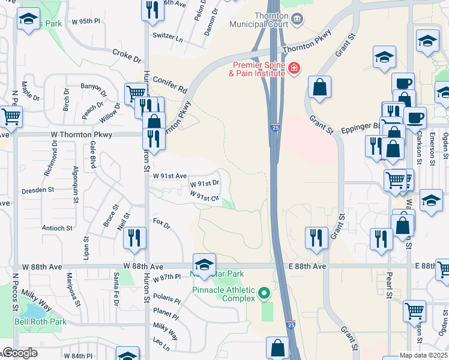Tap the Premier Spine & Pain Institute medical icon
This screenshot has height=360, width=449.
pos(294,70)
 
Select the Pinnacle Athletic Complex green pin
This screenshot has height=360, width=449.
pos(265,294)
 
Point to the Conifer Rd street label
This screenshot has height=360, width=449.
pos(170,85)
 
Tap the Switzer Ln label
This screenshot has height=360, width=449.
pos(167,36)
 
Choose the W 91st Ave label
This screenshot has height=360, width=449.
pos(170,176)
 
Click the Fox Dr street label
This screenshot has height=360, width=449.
pos(162,224)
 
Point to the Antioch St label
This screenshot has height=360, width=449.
pos(57,228)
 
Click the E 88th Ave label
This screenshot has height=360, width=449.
pos(309,266)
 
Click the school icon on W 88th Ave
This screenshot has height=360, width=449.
pos(204,264)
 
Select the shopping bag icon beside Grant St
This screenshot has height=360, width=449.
pos(319,87)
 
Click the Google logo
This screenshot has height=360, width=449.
pos(20,353)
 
